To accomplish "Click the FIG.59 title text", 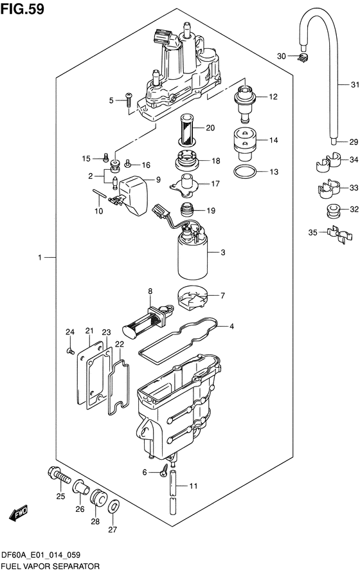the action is pyautogui.click(x=22, y=8).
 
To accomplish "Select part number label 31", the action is pyautogui.click(x=354, y=85).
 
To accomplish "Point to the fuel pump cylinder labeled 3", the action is pyautogui.click(x=193, y=257).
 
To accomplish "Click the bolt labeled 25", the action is pyautogui.click(x=59, y=476).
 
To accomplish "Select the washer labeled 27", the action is pyautogui.click(x=113, y=507).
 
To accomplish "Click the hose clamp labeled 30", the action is pyautogui.click(x=303, y=57).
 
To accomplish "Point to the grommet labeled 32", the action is pyautogui.click(x=332, y=211).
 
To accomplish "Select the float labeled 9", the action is pyautogui.click(x=134, y=195).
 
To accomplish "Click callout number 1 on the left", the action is pyautogui.click(x=40, y=258).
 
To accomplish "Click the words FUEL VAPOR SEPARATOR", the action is pyautogui.click(x=50, y=567).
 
